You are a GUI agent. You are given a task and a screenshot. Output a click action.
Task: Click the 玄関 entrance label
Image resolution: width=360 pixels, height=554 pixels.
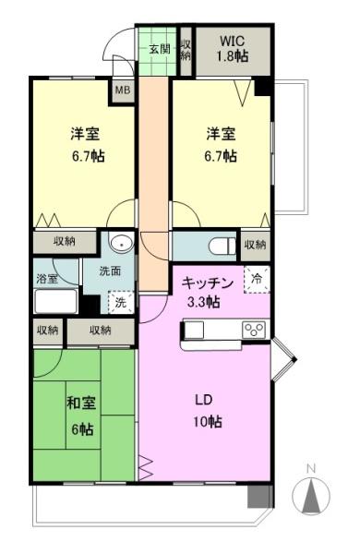pos(159,49)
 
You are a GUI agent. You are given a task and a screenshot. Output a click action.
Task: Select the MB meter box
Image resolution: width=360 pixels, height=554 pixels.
pos(122,90)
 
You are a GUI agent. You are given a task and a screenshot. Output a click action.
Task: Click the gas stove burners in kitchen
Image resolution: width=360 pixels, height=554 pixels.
pos(255,329)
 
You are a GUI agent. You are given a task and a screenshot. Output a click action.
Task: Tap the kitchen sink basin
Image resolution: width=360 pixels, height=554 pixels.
pos(196,330)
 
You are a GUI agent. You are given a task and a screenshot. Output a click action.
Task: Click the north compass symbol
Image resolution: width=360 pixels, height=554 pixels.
pos(311,496)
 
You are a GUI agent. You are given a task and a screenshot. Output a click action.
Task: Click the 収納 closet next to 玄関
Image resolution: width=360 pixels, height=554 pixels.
pos(186,50)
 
